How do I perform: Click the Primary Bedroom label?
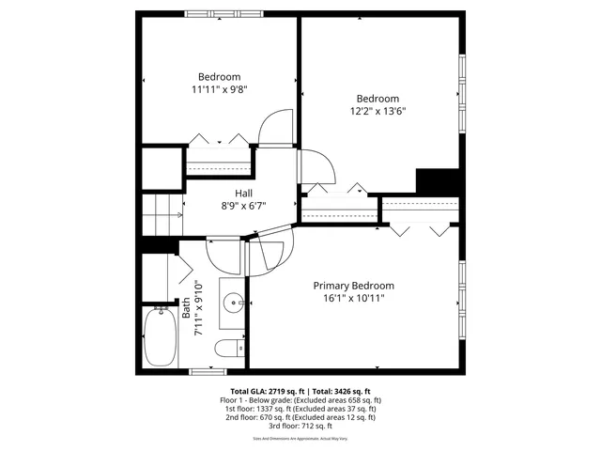(x=353, y=286)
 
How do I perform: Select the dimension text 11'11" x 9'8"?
(x=219, y=90)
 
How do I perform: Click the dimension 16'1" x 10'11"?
(x=353, y=298)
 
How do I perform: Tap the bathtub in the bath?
(x=161, y=338)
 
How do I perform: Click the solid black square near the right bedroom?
(x=436, y=180)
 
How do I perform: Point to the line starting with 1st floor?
(x=300, y=409)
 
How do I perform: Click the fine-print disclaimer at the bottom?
(x=300, y=439)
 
